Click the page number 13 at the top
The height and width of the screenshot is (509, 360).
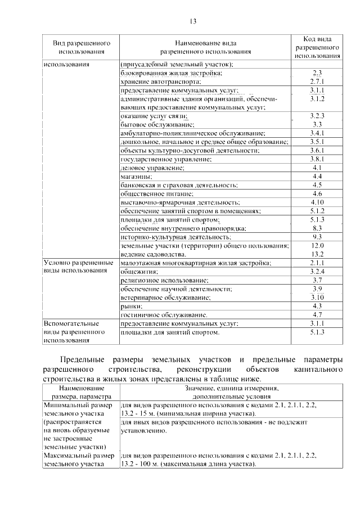click(193, 21)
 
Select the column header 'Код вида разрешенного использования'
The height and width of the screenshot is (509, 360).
click(317, 47)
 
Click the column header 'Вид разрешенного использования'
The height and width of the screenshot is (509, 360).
click(81, 47)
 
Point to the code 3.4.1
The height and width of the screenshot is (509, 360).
click(317, 133)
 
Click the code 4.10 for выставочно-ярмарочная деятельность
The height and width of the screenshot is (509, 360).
click(317, 202)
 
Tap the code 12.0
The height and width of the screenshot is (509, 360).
click(317, 246)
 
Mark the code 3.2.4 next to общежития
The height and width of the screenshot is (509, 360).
click(317, 271)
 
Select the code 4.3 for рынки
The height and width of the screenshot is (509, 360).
click(317, 305)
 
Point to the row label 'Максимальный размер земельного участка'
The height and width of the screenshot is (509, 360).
click(79, 460)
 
